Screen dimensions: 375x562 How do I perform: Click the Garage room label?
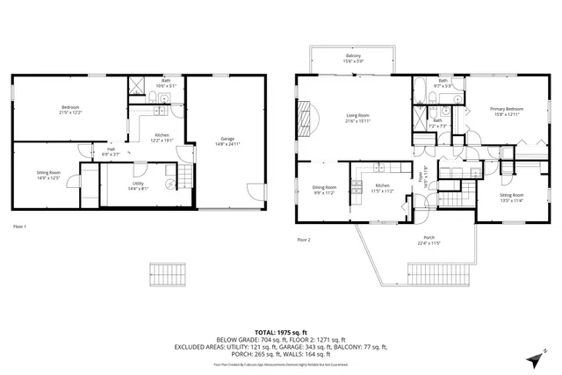coord(227,140)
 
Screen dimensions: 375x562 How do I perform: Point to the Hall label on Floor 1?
coord(112,151)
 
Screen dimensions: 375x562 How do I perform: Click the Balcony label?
coord(352,58)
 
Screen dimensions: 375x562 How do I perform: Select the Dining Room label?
coord(325,189)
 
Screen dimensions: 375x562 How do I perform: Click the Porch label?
coord(429,239)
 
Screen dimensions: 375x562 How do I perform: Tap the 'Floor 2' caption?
coord(304,240)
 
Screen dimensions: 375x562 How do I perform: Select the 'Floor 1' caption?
coord(19,227)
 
